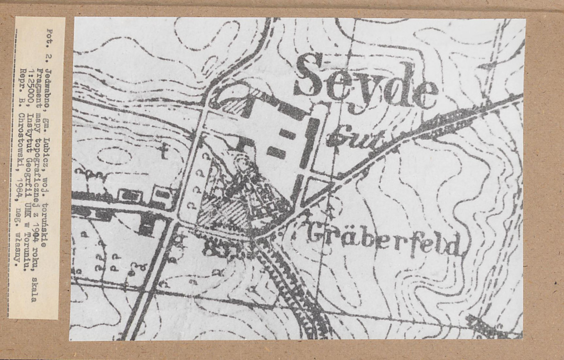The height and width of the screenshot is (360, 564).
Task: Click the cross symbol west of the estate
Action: (164, 151)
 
